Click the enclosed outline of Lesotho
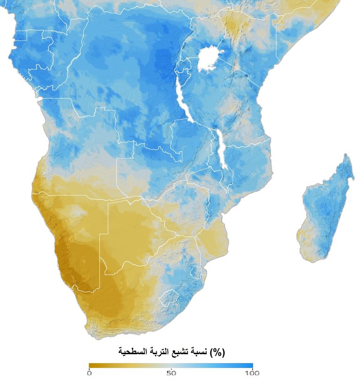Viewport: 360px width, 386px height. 169,297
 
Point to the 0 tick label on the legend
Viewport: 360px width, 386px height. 89,373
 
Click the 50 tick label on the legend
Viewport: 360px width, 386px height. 172,373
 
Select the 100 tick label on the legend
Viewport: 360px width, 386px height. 252,373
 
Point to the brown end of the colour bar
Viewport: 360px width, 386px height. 92,365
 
